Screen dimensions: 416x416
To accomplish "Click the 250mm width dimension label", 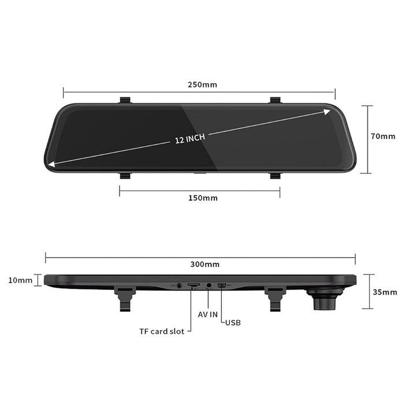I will click(202, 84).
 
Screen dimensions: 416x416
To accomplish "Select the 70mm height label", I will click(382, 136).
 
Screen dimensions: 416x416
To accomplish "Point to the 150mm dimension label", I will click(203, 198).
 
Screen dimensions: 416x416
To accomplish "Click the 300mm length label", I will click(205, 264).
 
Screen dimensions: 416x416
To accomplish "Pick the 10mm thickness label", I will click(21, 280).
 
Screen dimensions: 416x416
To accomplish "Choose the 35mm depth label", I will click(385, 292).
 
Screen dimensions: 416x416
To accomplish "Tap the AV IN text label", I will click(208, 314).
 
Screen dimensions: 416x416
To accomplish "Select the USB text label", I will click(233, 322).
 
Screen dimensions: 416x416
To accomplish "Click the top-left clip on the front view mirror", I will click(124, 101).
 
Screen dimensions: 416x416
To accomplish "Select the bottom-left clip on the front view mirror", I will click(124, 174).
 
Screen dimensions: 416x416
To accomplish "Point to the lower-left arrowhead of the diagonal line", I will click(52, 165).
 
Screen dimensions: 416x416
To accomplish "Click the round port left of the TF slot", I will click(179, 285).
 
